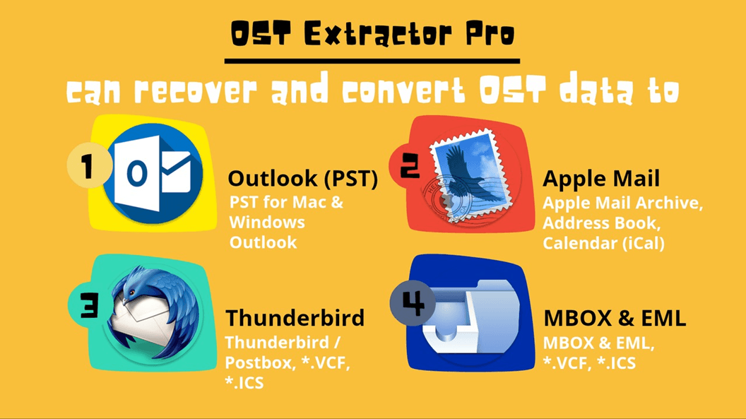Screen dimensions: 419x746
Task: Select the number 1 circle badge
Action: pos(88,168)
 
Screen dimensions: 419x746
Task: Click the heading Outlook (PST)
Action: pos(302,179)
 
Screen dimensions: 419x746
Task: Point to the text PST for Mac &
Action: pos(286,202)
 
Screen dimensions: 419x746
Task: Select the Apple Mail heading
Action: pos(600,179)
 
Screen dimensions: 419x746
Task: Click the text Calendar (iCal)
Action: pos(604,243)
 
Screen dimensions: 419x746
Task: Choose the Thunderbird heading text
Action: pos(295,317)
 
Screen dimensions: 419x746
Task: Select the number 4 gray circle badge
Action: pos(413,302)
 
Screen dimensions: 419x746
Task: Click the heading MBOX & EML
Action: pos(614,318)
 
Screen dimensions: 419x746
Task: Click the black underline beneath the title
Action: pos(372,61)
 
